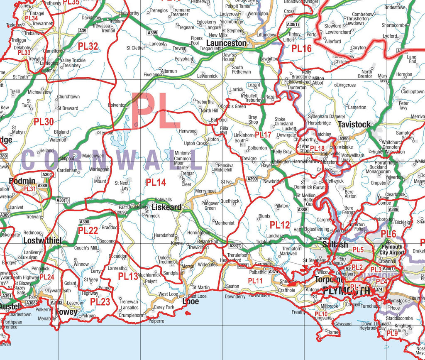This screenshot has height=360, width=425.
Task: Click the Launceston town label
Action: point(226,43)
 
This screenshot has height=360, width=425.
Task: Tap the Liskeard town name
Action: point(166,207)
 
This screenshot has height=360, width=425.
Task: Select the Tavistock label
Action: point(354,125)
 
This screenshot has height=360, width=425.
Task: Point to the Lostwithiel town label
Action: point(42,241)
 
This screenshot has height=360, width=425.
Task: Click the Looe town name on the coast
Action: point(191,301)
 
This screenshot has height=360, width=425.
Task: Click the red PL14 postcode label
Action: point(156,182)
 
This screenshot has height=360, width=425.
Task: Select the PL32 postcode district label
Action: point(88,47)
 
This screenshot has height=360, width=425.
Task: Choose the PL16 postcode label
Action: point(301,49)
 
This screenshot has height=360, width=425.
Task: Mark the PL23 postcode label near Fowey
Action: point(100,302)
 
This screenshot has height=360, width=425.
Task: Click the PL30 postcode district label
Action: point(44,122)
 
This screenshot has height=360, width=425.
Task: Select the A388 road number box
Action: point(302,210)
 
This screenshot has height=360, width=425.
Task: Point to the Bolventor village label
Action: point(117,105)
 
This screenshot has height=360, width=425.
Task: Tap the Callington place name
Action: point(281,162)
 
